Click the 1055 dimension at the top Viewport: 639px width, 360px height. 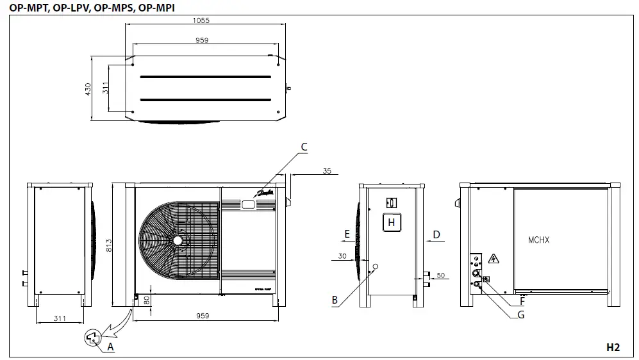click(x=201, y=20)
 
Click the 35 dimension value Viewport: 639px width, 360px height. click(x=328, y=170)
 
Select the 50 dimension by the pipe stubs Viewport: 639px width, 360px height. click(x=440, y=275)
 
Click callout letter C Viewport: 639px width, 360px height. click(x=304, y=147)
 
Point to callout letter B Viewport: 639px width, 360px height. click(x=335, y=299)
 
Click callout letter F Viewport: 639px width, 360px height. click(x=522, y=299)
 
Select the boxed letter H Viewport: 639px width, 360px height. click(x=392, y=222)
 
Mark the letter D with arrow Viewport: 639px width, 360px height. click(x=436, y=234)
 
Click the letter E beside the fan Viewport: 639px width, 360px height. click(x=347, y=234)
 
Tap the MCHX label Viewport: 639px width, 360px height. click(x=538, y=240)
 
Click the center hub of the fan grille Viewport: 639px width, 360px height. click(x=177, y=240)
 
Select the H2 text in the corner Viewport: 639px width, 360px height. click(x=613, y=347)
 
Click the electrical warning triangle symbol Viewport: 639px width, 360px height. click(x=494, y=258)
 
